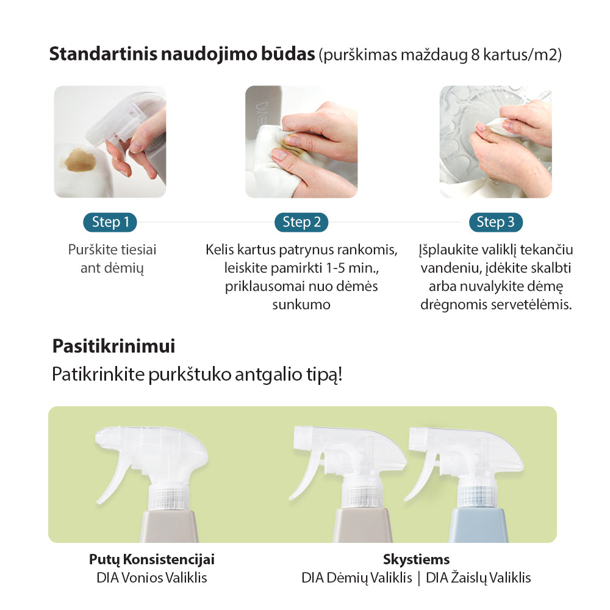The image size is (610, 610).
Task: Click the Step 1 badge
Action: [110, 222]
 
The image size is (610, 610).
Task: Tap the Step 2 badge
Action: [301, 222]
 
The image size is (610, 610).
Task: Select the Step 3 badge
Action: [495, 222]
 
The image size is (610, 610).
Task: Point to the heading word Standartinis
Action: [103, 54]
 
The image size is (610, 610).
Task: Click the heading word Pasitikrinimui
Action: [113, 346]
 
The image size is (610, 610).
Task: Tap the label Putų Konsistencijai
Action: [152, 559]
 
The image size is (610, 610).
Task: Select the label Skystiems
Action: [416, 559]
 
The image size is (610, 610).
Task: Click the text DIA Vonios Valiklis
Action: [152, 578]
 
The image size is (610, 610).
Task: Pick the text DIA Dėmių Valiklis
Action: [357, 578]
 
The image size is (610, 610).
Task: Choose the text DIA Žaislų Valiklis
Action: [478, 578]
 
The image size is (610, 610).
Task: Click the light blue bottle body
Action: [478, 525]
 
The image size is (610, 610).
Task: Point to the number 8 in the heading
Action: [475, 56]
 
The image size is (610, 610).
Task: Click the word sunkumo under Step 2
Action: [301, 304]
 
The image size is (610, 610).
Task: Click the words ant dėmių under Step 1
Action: [112, 268]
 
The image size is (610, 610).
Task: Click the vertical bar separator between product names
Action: [419, 578]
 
